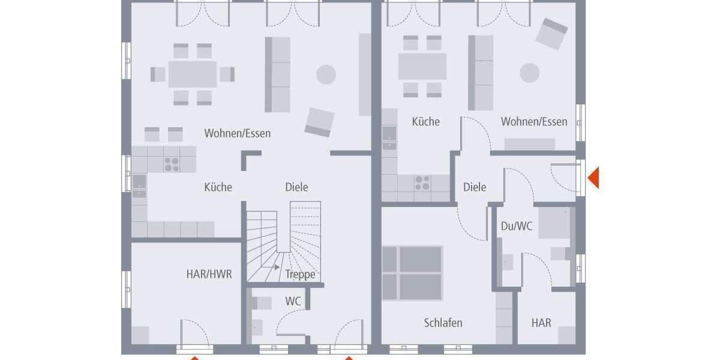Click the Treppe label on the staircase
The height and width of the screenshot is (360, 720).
tap(300, 275)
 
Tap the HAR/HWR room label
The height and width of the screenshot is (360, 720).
tap(209, 274)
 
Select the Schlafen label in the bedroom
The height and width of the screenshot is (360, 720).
tap(443, 323)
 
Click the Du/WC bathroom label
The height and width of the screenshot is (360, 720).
tap(517, 226)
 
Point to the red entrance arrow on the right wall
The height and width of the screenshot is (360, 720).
tap(593, 178)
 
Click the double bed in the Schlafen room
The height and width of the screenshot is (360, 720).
tap(413, 273)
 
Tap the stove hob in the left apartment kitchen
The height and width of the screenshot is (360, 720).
tap(172, 164)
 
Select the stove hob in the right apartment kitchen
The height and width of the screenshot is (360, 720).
tap(422, 182)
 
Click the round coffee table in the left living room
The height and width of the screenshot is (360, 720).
tap(326, 74)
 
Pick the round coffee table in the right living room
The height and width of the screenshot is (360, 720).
tap(529, 73)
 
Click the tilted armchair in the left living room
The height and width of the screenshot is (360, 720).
tap(319, 122)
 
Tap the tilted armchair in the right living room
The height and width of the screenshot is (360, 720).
tap(551, 34)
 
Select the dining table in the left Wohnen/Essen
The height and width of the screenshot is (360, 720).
tap(192, 74)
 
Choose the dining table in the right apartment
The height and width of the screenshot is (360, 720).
tap(422, 67)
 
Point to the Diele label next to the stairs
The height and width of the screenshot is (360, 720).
tap(296, 187)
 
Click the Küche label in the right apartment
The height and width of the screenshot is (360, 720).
tap(425, 122)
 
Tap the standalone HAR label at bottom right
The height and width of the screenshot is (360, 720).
tap(541, 323)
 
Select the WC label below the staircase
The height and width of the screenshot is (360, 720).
tap(293, 301)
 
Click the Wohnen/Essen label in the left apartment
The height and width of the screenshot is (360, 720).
tap(237, 133)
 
